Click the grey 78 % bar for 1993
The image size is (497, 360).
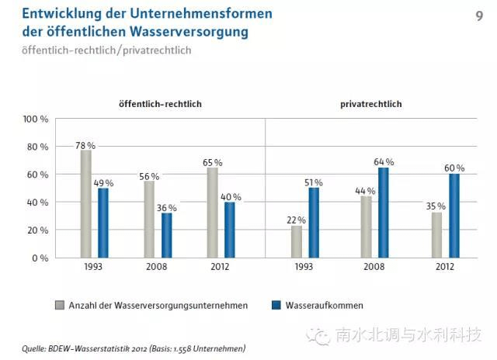86,203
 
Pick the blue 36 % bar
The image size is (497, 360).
166,235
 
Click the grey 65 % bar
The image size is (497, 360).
212,212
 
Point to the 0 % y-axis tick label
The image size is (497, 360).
40,258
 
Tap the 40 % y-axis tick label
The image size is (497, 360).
38,202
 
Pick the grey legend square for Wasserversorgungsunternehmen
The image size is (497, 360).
59,305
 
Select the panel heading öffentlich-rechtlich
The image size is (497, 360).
161,104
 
